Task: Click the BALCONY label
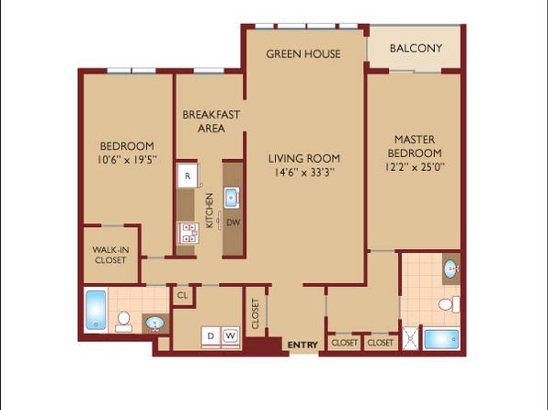416,48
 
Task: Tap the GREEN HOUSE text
303,54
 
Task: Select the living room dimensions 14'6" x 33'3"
304,172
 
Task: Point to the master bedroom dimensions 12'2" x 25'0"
415,167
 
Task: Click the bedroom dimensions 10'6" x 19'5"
127,160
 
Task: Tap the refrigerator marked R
188,176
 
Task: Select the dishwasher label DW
234,222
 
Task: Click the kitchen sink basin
232,198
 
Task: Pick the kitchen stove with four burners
188,233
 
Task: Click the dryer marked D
211,336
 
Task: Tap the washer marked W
230,336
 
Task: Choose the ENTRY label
303,345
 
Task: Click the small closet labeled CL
182,296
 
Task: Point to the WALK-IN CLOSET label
110,255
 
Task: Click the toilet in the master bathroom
450,304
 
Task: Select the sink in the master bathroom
451,269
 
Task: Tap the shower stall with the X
410,338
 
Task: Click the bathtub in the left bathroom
97,310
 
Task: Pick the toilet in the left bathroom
123,322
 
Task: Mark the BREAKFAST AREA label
211,121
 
